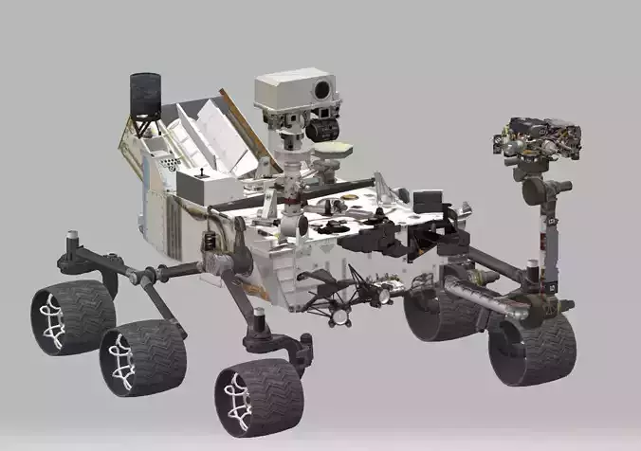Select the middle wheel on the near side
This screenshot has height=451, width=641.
[142, 357]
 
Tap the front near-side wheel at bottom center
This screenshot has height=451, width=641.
[258, 397]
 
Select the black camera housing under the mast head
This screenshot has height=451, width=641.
[322, 126]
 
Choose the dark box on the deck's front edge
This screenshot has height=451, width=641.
[427, 202]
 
